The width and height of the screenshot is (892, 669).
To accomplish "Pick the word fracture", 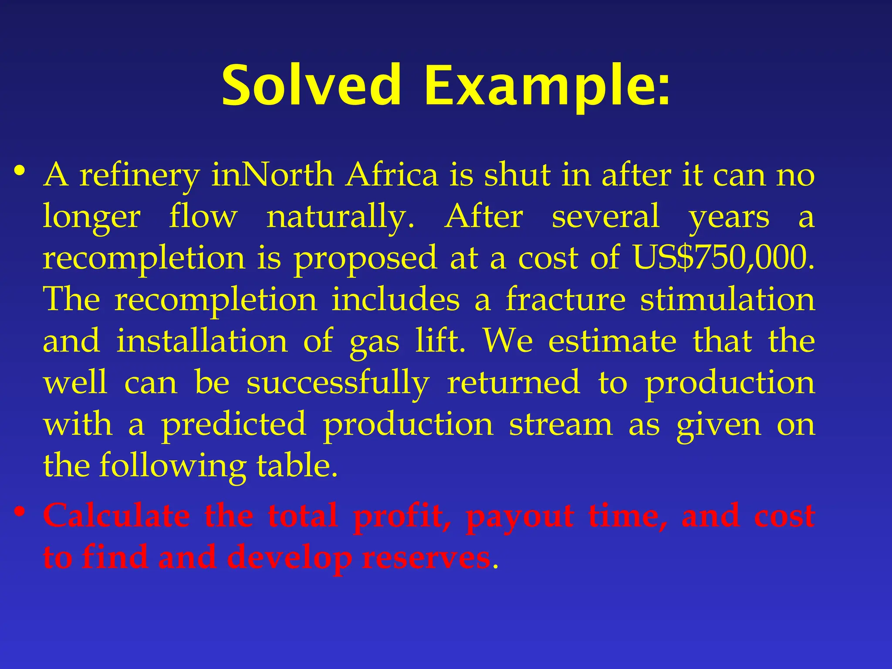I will click(565, 300).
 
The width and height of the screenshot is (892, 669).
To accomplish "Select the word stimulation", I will click(727, 300).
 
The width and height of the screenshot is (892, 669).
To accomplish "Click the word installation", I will click(202, 341).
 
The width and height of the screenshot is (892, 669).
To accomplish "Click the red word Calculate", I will click(117, 516).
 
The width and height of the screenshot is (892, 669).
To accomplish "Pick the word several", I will click(605, 216).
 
